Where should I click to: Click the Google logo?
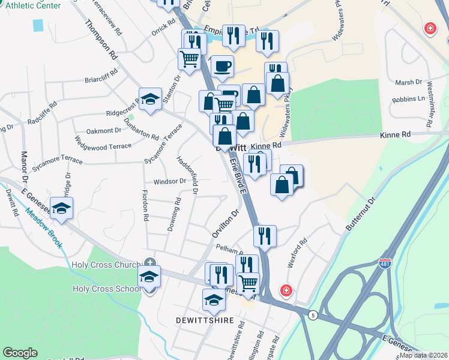click(20, 353)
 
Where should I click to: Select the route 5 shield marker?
click(312, 315)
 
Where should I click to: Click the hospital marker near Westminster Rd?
click(430, 28)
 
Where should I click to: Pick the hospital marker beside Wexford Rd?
click(287, 291)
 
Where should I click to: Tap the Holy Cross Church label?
click(106, 265)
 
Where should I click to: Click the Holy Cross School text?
click(106, 289)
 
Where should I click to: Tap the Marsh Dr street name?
click(411, 82)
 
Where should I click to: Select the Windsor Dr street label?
click(170, 181)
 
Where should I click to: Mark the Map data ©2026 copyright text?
click(424, 355)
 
